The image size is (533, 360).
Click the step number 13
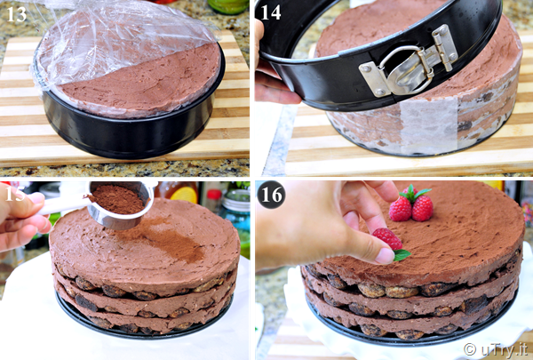(x=17, y=14)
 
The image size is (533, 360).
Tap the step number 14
(x=271, y=12)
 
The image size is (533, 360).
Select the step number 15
(x=15, y=194)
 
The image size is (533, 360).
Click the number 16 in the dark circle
(x=271, y=195)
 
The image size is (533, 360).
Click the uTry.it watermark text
(x=496, y=349)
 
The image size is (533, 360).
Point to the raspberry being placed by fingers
(x=387, y=238)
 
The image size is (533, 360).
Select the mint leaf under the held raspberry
(x=402, y=254)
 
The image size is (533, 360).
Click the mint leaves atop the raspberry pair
(x=414, y=193)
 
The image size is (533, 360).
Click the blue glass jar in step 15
(x=236, y=211)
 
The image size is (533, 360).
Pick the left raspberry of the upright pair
(x=401, y=209)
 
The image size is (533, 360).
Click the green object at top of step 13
(x=227, y=6)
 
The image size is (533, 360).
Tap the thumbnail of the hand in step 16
(x=386, y=256)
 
